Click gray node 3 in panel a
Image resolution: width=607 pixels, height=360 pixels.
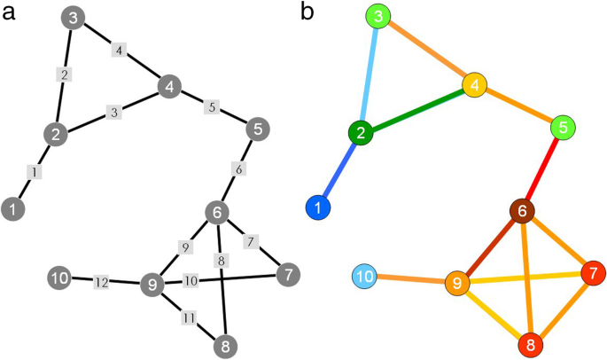[x=74, y=19]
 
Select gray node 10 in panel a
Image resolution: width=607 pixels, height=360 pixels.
[x=58, y=278]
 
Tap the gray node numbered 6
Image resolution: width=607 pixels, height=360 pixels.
[x=217, y=213]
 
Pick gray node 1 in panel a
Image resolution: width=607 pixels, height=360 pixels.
[x=13, y=209]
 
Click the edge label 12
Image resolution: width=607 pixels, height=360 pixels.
[x=102, y=282]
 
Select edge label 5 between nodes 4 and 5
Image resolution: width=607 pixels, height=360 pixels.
[x=211, y=107]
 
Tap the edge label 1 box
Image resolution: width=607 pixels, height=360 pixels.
[x=33, y=172]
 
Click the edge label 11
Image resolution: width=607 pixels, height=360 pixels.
[x=187, y=317]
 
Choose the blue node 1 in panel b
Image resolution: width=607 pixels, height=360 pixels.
[x=318, y=208]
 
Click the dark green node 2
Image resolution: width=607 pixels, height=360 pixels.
[x=361, y=133]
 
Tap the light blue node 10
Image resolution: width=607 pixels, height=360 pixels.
[x=364, y=277]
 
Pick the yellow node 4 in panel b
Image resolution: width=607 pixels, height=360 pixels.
[x=476, y=86]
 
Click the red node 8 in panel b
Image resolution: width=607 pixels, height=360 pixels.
[x=530, y=343]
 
